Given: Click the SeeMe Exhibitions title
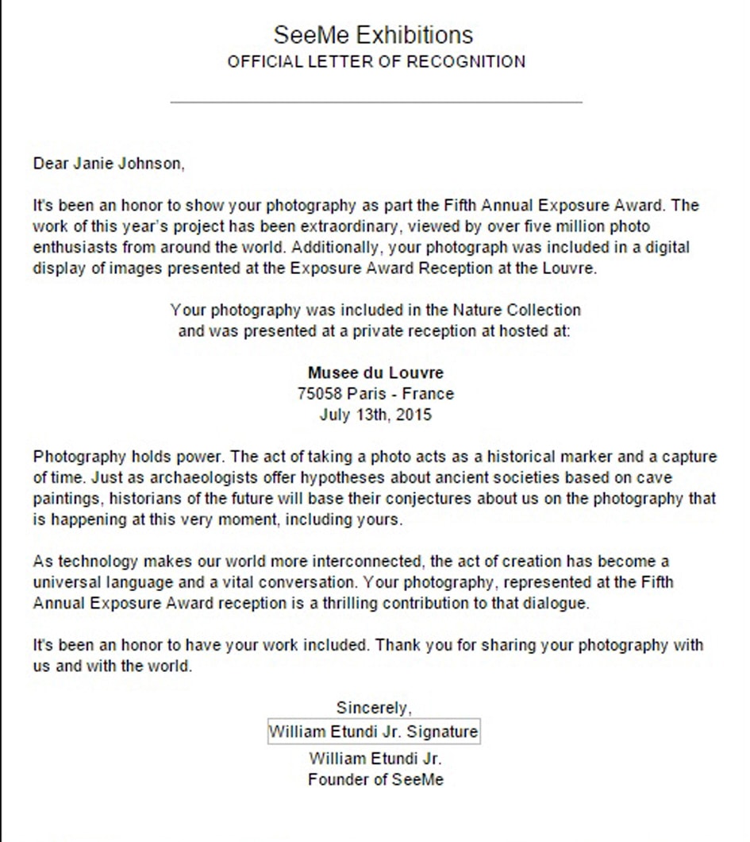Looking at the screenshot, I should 373,35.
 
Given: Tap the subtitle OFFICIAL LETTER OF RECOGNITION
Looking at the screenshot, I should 376,62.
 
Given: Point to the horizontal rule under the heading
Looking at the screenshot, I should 376,102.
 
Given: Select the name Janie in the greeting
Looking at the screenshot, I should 94,164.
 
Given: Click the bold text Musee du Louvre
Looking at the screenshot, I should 375,373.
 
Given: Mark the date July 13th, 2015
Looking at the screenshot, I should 375,414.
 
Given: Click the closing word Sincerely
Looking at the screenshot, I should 374,708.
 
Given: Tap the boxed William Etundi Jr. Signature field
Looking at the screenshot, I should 374,732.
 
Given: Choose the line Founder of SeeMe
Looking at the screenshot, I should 375,779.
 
